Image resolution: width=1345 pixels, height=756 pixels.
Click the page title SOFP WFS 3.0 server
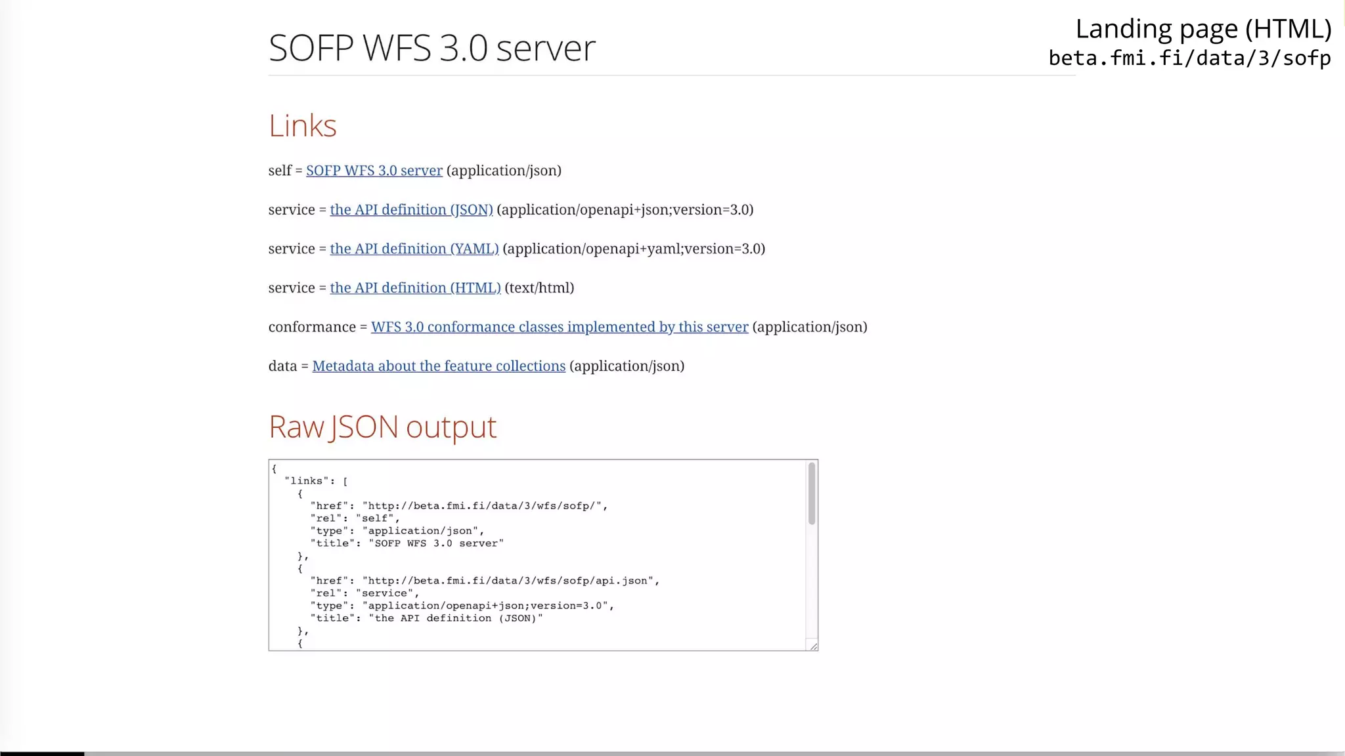click(431, 48)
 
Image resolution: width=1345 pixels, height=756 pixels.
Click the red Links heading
click(302, 125)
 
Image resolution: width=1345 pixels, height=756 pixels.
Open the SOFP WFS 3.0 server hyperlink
click(374, 171)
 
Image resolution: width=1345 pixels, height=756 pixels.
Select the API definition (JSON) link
click(411, 210)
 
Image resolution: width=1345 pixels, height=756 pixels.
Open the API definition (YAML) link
click(414, 249)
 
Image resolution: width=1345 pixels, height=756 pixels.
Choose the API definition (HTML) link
click(415, 288)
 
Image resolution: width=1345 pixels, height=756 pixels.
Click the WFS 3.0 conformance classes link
click(559, 327)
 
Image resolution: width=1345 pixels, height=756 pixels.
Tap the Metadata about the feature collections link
click(438, 366)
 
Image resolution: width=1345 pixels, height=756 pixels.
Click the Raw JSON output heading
click(382, 427)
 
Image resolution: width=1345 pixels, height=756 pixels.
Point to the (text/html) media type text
click(539, 288)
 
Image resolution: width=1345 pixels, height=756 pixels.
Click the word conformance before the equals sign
click(312, 327)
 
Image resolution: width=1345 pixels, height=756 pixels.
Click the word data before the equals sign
click(282, 366)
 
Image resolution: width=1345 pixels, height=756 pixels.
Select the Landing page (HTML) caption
click(1202, 30)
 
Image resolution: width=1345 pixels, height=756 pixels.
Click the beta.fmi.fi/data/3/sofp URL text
click(1189, 58)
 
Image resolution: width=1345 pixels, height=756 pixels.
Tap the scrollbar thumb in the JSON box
click(812, 493)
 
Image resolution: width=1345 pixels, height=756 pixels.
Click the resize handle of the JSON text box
click(813, 646)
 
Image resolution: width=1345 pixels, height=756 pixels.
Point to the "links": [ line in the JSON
click(316, 481)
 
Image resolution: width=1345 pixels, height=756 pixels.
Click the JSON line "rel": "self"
click(355, 518)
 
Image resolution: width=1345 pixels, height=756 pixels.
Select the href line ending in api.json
click(484, 581)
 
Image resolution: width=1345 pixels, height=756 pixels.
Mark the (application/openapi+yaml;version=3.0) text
click(634, 249)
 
